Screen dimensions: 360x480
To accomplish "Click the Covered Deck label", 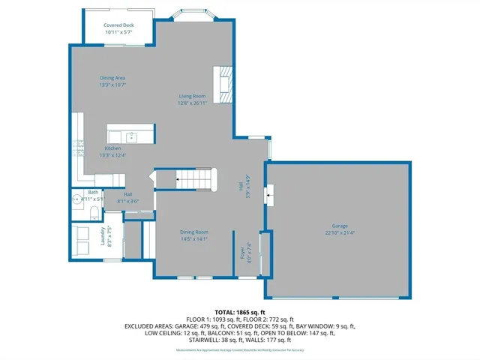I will pyautogui.click(x=119, y=25).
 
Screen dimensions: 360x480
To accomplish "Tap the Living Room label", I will pyautogui.click(x=192, y=96).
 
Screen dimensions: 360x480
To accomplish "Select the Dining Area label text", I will pyautogui.click(x=112, y=78).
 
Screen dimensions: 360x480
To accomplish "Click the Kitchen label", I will pyautogui.click(x=112, y=148).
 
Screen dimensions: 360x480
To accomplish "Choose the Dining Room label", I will pyautogui.click(x=193, y=232).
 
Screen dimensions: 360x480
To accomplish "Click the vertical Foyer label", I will pyautogui.click(x=242, y=252).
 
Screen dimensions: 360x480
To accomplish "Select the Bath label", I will pyautogui.click(x=93, y=192).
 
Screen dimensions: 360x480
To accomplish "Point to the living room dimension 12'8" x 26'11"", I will pyautogui.click(x=192, y=103).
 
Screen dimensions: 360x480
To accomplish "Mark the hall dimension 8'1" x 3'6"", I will pyautogui.click(x=128, y=201).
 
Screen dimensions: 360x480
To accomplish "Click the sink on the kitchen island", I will pyautogui.click(x=130, y=136).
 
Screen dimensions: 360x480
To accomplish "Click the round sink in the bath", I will pyautogui.click(x=77, y=199).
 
